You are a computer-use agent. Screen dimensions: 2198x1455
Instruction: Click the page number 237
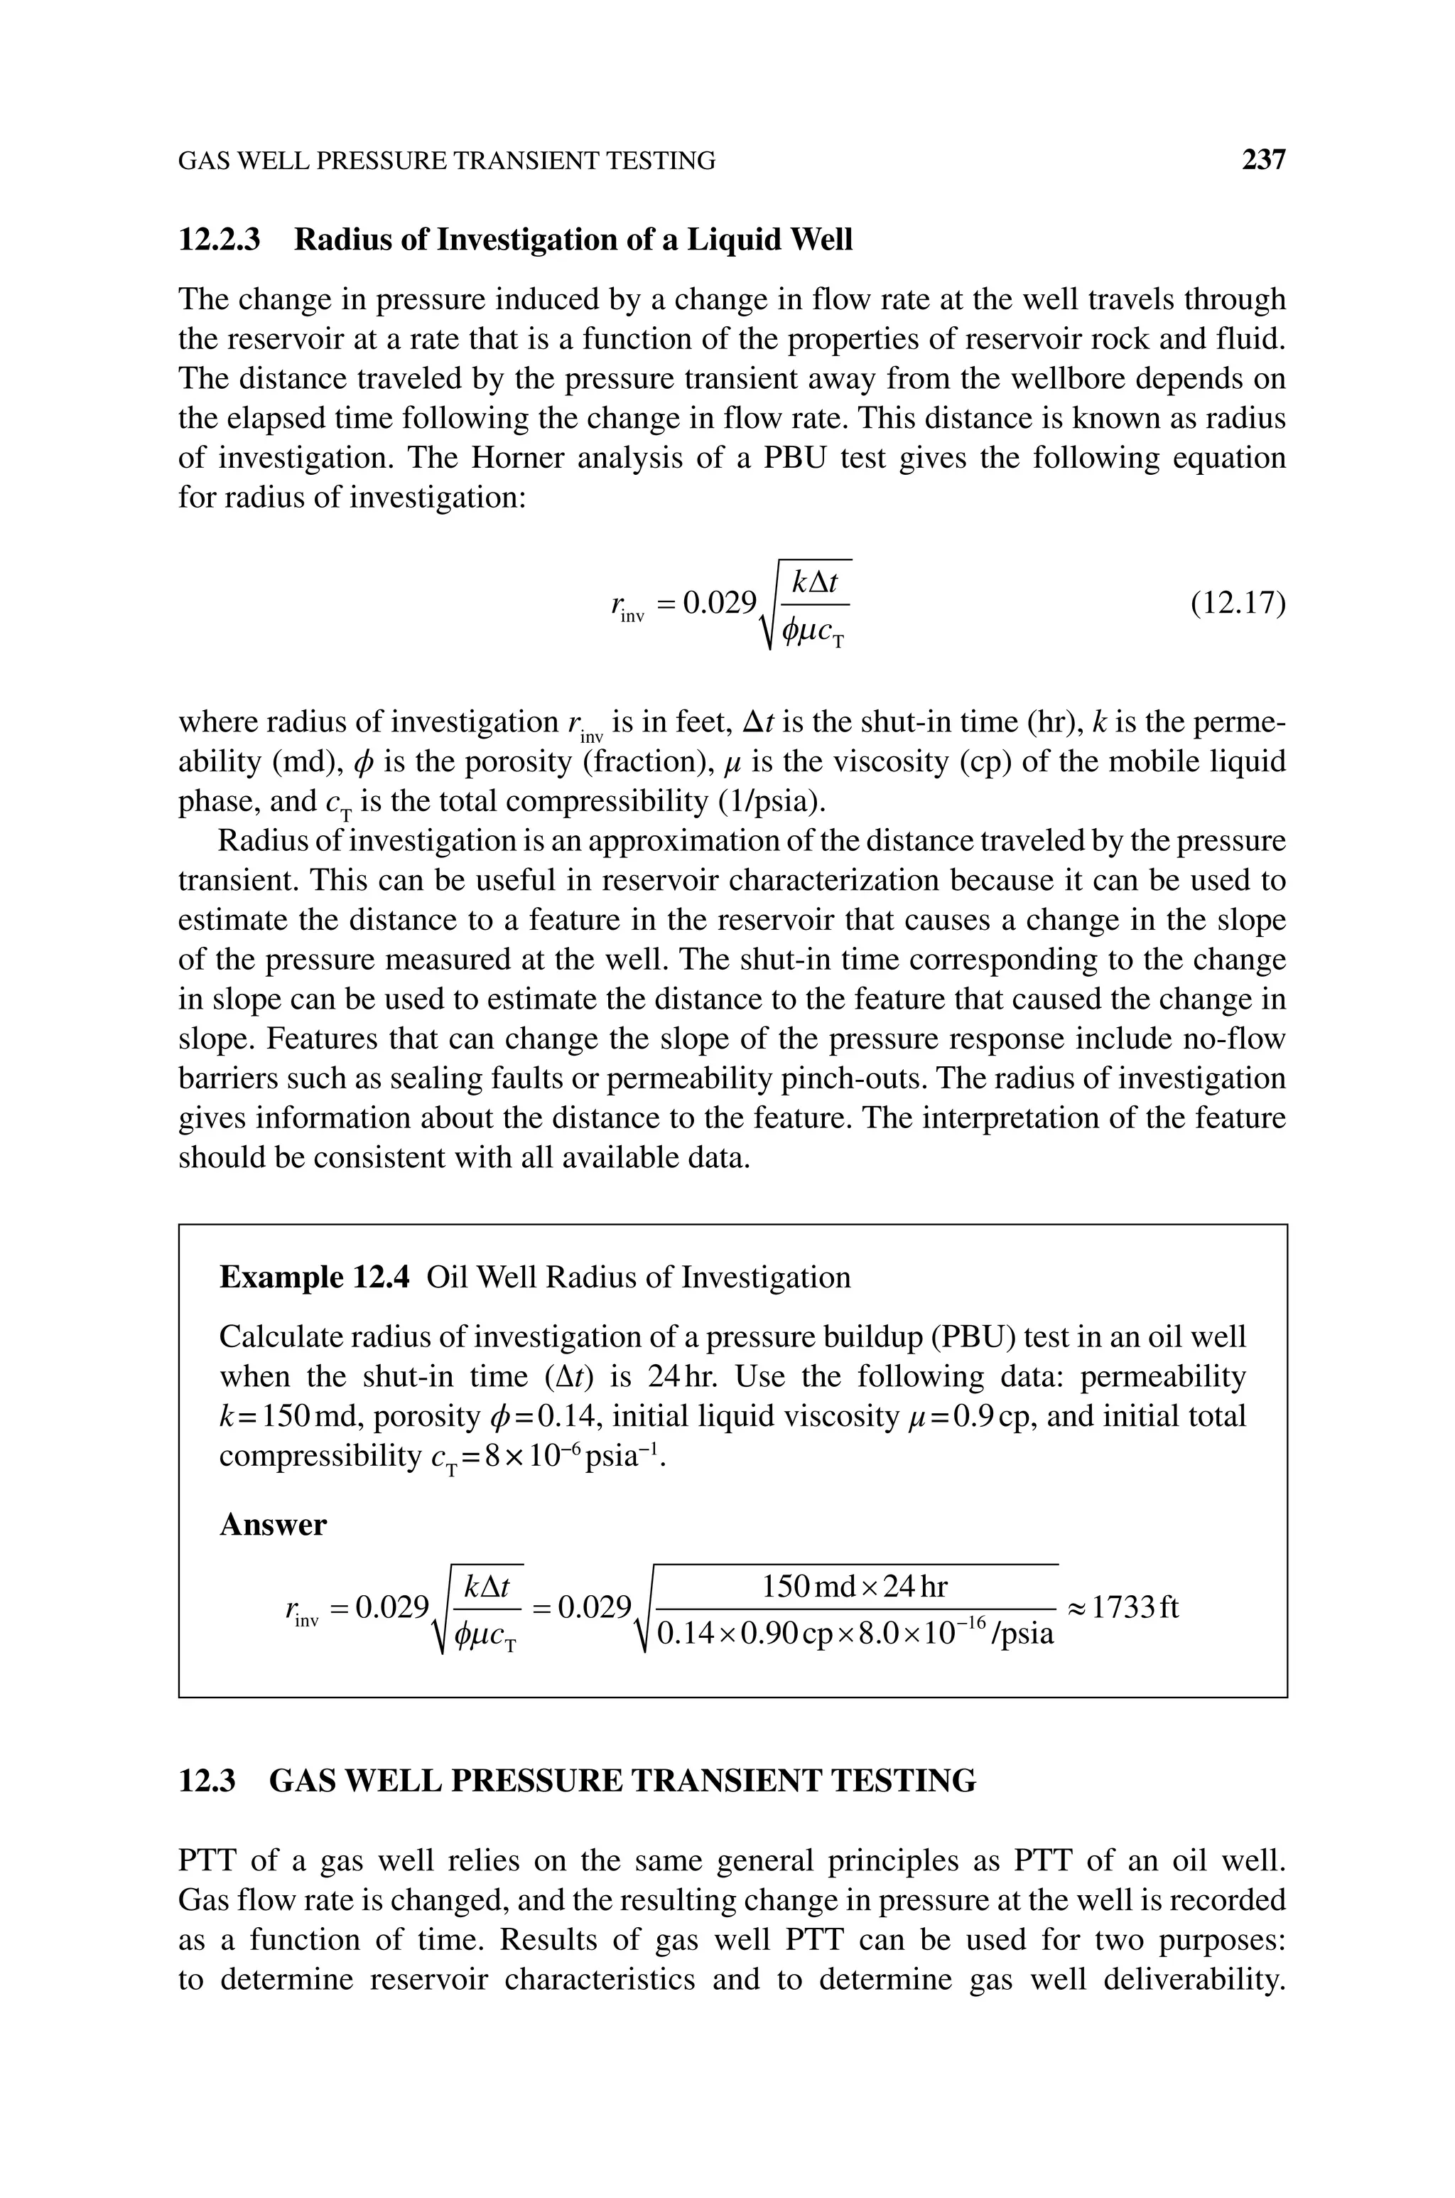coord(1264,161)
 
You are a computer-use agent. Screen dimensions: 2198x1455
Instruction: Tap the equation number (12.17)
coord(1238,604)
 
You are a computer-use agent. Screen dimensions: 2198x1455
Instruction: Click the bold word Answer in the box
coord(273,1525)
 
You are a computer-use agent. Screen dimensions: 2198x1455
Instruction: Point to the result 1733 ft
coord(1134,1607)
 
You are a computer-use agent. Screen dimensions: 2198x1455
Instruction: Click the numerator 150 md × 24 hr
coord(855,1587)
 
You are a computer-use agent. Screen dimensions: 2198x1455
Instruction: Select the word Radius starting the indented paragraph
coord(260,841)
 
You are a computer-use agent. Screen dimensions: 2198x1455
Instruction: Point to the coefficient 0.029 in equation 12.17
coord(719,604)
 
